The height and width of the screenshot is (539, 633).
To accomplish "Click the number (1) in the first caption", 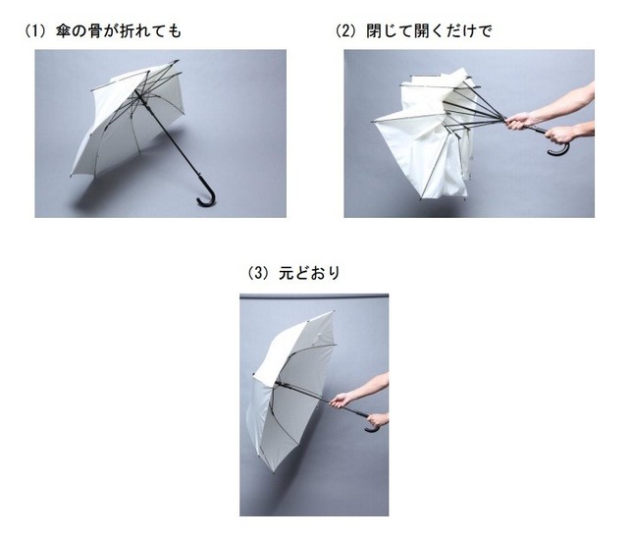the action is click(x=36, y=31).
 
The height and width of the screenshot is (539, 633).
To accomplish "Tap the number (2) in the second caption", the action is click(x=346, y=31).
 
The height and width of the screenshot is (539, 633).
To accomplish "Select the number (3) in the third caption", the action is click(x=258, y=274).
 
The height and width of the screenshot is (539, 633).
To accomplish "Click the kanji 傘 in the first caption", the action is click(x=64, y=31).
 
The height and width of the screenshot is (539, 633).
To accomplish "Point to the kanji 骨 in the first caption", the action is click(x=94, y=31).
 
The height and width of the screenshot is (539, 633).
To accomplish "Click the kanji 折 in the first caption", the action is click(x=126, y=31).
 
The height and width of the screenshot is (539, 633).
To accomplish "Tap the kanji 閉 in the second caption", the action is click(x=374, y=31).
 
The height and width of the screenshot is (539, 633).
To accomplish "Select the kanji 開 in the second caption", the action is click(x=421, y=31).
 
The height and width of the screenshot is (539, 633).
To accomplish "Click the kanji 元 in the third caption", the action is click(x=286, y=274).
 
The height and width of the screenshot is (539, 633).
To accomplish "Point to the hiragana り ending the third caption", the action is click(x=334, y=274).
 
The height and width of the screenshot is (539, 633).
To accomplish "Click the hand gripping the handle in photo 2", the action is click(x=559, y=135).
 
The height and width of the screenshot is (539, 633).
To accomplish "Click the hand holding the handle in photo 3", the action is click(x=378, y=420).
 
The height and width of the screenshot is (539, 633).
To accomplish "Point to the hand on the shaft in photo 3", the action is click(x=342, y=401).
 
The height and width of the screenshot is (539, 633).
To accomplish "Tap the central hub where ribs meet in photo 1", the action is click(x=138, y=95).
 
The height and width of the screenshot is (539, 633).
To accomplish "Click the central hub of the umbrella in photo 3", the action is click(x=278, y=383).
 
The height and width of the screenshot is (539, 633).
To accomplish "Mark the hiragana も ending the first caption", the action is click(x=175, y=31).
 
